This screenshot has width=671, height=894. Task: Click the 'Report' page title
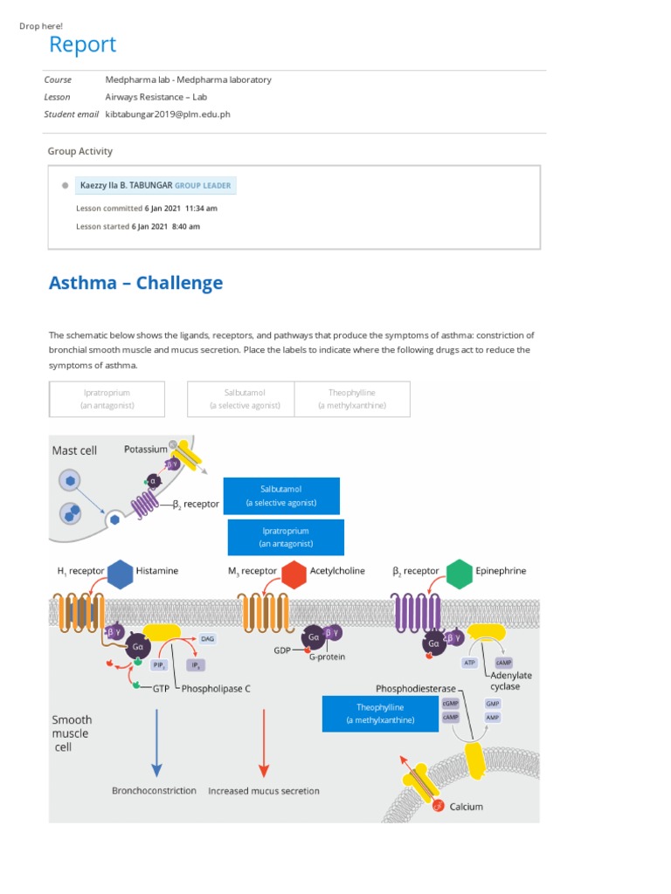(x=82, y=45)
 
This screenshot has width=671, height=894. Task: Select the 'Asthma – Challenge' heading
(x=135, y=283)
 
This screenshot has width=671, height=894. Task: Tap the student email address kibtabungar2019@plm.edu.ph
(x=168, y=113)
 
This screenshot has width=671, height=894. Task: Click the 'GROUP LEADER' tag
(x=203, y=185)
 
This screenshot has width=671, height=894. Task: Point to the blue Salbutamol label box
(x=281, y=496)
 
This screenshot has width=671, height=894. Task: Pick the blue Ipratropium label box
(x=285, y=537)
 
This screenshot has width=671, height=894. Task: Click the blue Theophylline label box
(x=380, y=713)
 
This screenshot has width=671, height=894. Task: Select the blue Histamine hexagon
(x=121, y=573)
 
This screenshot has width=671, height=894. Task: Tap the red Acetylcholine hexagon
(x=294, y=573)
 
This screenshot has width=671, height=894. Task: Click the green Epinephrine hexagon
(x=459, y=573)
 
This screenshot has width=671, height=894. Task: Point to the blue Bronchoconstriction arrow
(x=156, y=741)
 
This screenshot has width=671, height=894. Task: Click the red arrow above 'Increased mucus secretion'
(x=263, y=741)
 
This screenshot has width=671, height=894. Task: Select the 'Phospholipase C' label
(x=218, y=688)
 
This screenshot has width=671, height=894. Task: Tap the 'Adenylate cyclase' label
(x=511, y=681)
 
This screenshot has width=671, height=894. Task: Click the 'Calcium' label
(x=466, y=807)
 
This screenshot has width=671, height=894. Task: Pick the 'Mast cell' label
(x=74, y=450)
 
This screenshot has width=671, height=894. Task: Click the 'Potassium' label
(x=145, y=449)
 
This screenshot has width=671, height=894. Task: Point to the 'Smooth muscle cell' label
(x=72, y=733)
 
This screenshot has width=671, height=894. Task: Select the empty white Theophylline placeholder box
(x=352, y=399)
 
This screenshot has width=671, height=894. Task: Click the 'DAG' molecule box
(x=207, y=639)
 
